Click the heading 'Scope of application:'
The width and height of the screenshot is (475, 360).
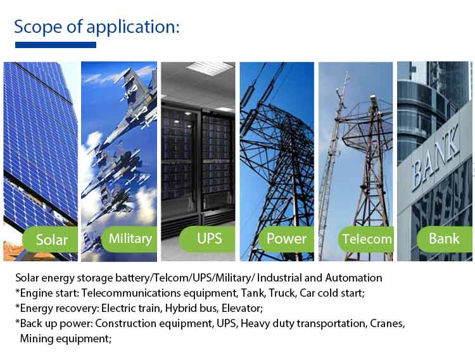[x=97, y=27]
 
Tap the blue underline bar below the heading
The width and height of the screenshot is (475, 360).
[x=56, y=45]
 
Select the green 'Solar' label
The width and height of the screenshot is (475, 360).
[x=50, y=239]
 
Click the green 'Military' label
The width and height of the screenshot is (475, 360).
[x=129, y=239]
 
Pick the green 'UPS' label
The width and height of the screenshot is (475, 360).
[x=207, y=239]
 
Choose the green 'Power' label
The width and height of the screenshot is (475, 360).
[x=286, y=239]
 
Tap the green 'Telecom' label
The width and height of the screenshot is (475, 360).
[x=366, y=239]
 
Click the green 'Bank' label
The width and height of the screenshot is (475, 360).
[x=445, y=239]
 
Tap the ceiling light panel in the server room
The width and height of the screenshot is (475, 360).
[x=210, y=68]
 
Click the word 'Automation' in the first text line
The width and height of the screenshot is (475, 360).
[x=353, y=278]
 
